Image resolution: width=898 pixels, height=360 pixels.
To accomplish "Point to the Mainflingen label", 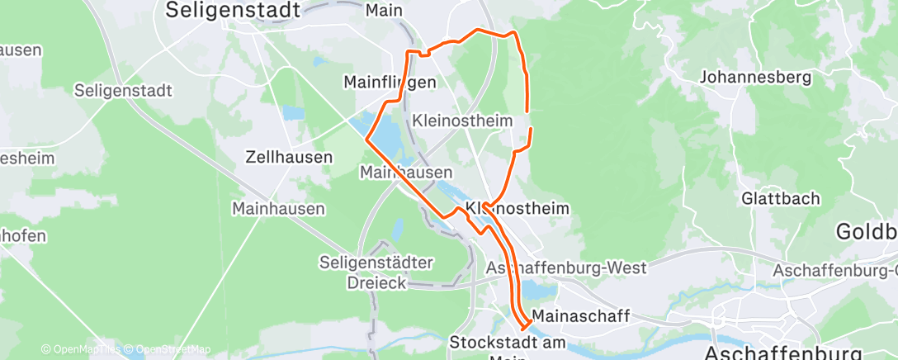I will coord(389,82).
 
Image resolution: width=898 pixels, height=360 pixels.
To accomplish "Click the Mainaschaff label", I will coord(581,316).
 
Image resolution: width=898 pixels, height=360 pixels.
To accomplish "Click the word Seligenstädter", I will coord(376,263).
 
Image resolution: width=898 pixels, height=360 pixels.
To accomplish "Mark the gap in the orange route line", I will coord(528,119).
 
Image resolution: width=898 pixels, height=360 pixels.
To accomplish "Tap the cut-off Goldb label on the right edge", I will coord(867,231).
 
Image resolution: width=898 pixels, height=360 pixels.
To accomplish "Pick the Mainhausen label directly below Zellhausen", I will coord(278,209).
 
